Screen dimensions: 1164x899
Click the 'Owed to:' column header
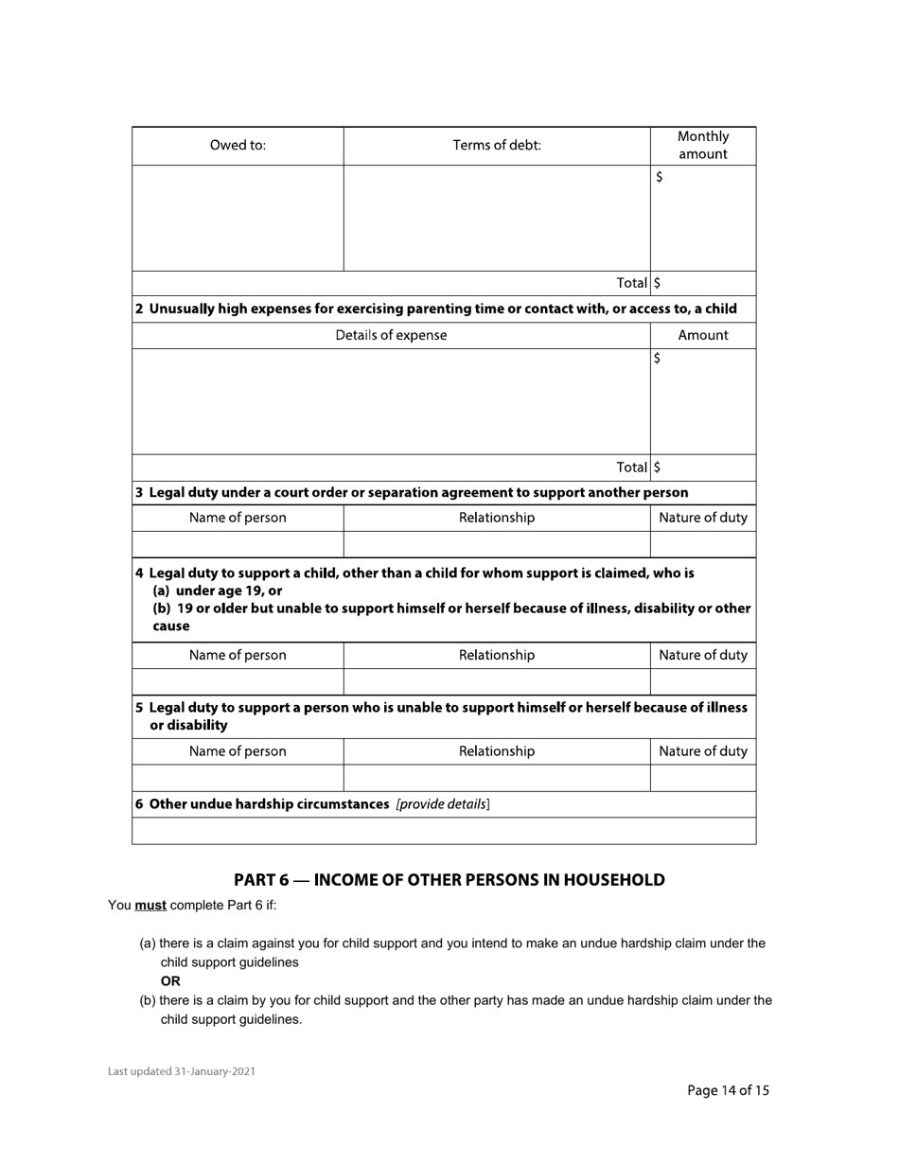238,146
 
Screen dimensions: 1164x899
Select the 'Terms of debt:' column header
497,146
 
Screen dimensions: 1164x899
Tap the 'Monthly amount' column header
703,146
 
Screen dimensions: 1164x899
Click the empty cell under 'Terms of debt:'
497,219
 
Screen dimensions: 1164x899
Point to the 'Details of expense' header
391,335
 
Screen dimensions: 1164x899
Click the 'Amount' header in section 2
703,335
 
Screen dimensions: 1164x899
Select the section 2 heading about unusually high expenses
435,309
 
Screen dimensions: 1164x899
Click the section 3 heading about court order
412,492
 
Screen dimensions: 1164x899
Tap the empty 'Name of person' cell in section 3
238,544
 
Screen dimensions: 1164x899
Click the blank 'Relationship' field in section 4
497,681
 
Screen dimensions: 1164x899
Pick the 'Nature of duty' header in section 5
703,751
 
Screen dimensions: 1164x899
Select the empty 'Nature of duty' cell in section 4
703,681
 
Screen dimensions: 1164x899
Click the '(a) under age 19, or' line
217,591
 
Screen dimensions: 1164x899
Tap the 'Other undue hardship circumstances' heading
262,804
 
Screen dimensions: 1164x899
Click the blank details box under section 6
444,831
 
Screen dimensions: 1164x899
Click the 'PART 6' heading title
449,880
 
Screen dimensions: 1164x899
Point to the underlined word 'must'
150,906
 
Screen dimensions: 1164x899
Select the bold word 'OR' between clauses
170,981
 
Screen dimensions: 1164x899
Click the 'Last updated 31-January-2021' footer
182,1072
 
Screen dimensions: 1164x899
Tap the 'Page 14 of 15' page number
728,1090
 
